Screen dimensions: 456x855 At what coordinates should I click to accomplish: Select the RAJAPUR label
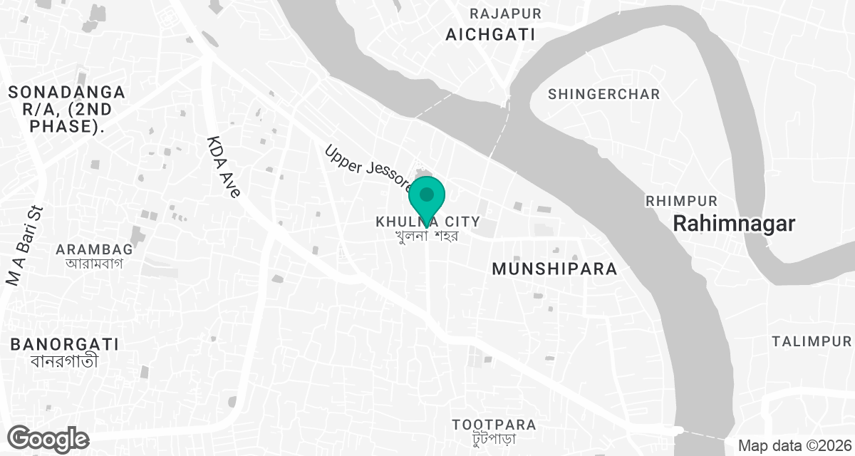[505, 14]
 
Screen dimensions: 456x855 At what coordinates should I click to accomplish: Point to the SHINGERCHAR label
[604, 94]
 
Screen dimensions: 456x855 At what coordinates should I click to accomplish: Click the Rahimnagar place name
[734, 224]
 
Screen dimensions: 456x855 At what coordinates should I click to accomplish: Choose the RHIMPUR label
[681, 201]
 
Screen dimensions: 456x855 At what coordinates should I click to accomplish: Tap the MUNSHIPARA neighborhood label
[554, 269]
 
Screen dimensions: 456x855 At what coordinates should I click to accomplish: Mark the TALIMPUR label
[811, 341]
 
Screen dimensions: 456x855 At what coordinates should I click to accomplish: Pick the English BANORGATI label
[64, 345]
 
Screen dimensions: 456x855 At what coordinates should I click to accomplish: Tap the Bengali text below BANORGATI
[64, 361]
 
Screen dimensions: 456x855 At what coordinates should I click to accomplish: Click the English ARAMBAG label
[95, 249]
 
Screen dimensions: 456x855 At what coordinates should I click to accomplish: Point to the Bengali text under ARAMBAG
[95, 263]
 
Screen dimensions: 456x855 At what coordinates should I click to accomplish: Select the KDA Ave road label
[224, 167]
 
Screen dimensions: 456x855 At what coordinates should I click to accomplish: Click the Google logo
[48, 438]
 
